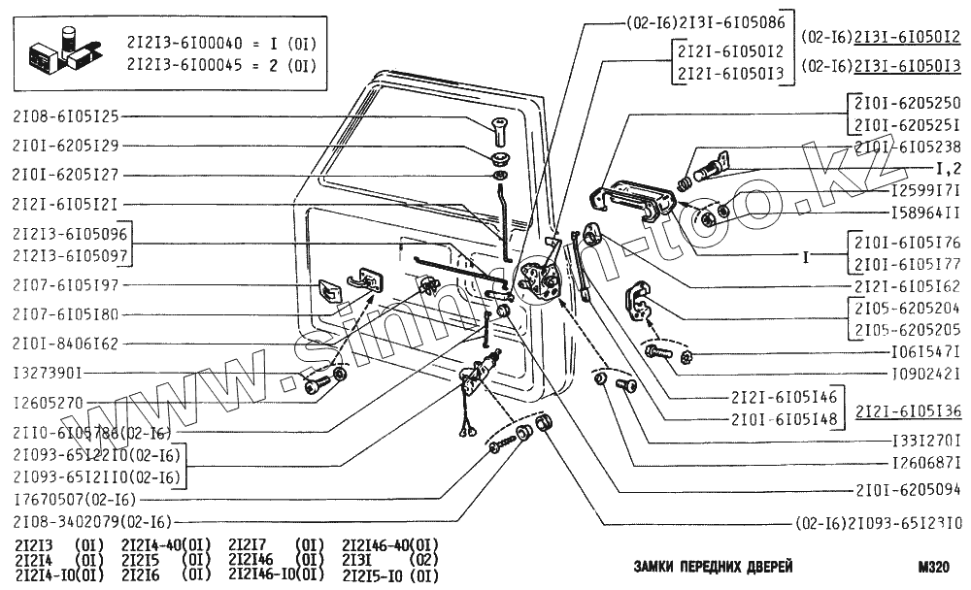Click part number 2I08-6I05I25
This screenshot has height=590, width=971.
click(x=66, y=116)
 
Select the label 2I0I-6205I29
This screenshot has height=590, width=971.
click(x=66, y=146)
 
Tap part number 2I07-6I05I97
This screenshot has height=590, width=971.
click(x=66, y=285)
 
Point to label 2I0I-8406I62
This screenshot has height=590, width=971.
click(x=66, y=344)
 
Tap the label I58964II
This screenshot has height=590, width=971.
click(x=925, y=211)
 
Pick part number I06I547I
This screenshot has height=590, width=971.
click(x=925, y=350)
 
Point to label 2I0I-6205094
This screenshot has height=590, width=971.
click(x=908, y=490)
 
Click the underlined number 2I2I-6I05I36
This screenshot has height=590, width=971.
click(x=909, y=410)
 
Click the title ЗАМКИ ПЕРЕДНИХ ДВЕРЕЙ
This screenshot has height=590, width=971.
click(x=713, y=567)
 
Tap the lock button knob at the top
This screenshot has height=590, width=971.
click(x=501, y=126)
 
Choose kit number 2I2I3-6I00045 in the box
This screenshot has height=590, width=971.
click(x=186, y=65)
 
